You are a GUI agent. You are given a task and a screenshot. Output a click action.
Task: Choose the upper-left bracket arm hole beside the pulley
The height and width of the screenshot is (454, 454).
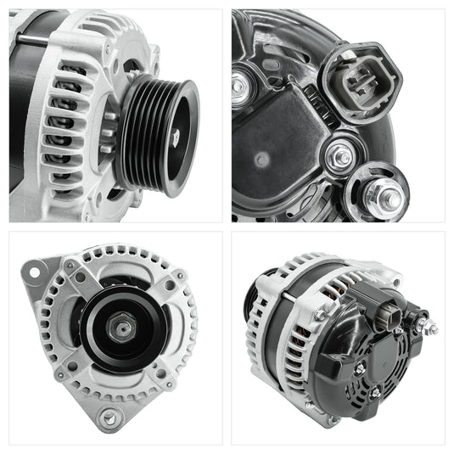pyautogui.click(x=80, y=277)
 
